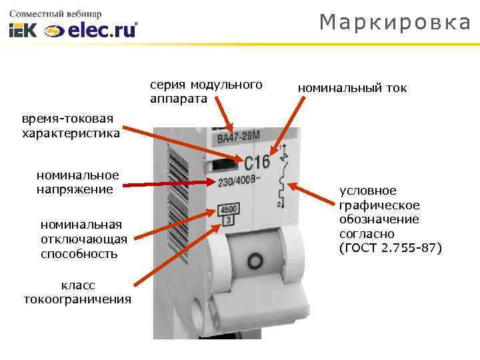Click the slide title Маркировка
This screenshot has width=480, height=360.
(395, 23)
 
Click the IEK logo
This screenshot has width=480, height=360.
(24, 31)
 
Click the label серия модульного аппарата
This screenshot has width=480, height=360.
(206, 92)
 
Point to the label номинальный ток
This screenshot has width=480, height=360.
(352, 88)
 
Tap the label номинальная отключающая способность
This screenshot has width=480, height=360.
(81, 239)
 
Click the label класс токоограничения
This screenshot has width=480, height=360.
(77, 291)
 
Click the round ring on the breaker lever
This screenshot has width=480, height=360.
(253, 258)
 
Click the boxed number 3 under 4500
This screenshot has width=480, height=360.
(229, 220)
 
